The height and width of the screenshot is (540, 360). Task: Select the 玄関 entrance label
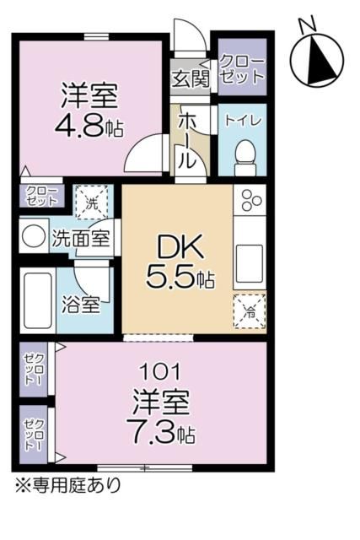tap(190, 80)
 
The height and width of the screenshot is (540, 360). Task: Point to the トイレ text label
tap(243, 120)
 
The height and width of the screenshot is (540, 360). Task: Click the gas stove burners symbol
tap(251, 201)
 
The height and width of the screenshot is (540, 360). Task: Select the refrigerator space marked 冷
tap(250, 310)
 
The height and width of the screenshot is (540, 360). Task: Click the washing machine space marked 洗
tap(92, 202)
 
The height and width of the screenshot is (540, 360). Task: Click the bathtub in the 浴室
tap(37, 302)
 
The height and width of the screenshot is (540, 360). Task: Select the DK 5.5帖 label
tap(178, 262)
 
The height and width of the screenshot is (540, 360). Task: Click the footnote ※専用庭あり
tap(65, 485)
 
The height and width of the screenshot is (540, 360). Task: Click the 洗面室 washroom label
tap(81, 238)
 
